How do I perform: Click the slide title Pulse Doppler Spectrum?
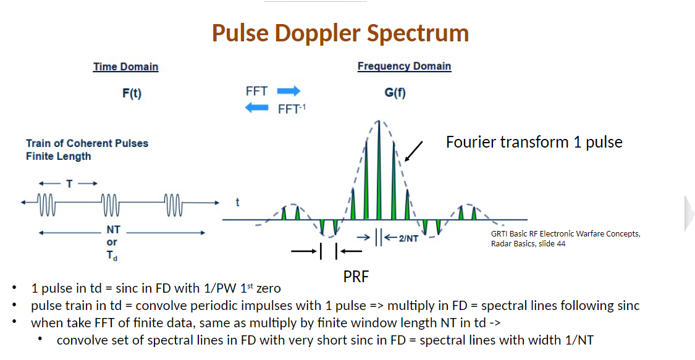pos(340,33)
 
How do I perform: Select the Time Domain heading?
pos(125,67)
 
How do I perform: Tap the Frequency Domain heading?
pos(404,66)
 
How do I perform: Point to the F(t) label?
pos(132,94)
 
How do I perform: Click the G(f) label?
pos(395,93)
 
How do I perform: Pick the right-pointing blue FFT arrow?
pos(288,91)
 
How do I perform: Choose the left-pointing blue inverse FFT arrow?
pos(257,108)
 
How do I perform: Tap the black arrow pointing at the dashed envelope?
pos(414,151)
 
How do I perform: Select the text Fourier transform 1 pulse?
pos(534,142)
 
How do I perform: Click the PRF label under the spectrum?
pos(356,277)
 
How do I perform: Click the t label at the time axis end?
pos(237,202)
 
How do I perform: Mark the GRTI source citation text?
pos(565,238)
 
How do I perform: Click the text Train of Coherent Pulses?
pos(87,143)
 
